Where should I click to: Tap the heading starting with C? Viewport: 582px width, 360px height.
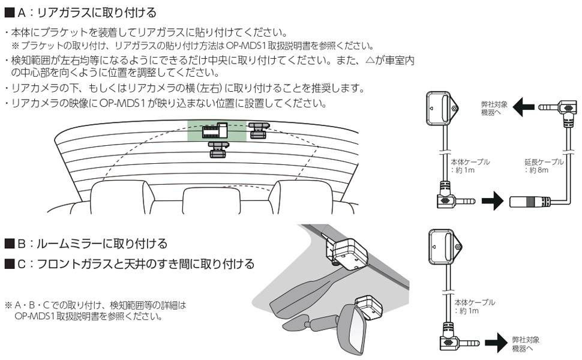tap(129, 264)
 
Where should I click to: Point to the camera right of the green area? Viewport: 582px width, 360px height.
tap(259, 129)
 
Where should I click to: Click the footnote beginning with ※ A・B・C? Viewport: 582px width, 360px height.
tap(96, 310)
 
